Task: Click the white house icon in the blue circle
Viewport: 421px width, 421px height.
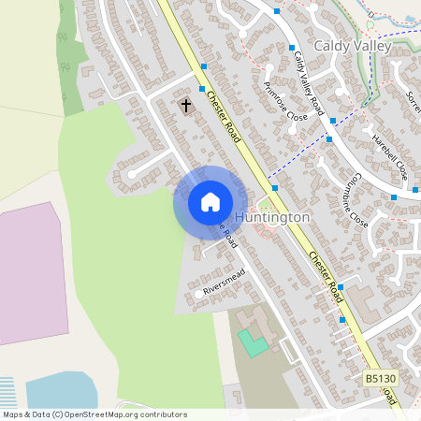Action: click(x=210, y=202)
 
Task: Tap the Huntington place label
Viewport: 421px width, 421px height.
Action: click(x=272, y=217)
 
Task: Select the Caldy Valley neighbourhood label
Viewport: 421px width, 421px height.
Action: click(x=350, y=45)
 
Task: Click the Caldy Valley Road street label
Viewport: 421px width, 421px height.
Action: click(x=312, y=80)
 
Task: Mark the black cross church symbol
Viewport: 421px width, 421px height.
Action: click(x=185, y=105)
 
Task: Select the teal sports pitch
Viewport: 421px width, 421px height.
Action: click(x=253, y=341)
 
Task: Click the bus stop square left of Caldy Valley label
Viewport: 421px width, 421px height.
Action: click(x=292, y=47)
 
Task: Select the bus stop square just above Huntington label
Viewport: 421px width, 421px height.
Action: click(x=275, y=187)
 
